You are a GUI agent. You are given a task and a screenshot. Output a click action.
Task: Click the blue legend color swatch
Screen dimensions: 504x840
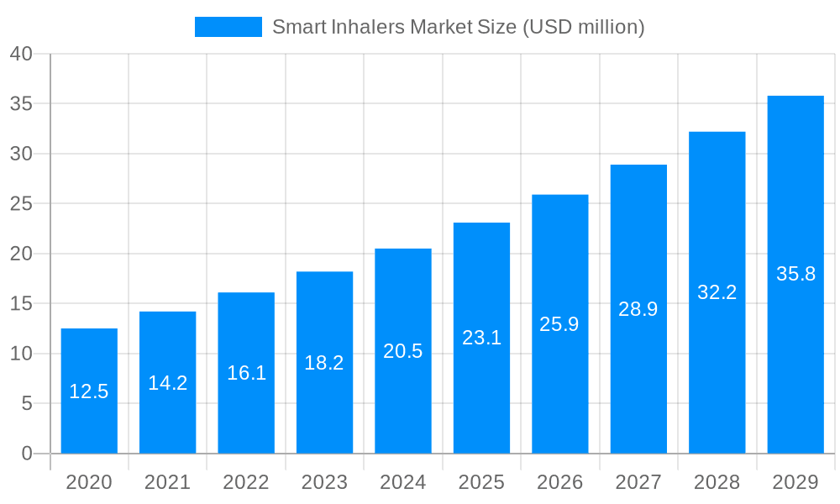click(228, 27)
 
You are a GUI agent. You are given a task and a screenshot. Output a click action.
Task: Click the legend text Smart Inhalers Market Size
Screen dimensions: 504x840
click(458, 27)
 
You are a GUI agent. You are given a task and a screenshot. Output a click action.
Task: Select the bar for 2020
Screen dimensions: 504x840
click(89, 391)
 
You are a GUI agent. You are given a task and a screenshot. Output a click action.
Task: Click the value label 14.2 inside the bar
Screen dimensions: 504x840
click(168, 383)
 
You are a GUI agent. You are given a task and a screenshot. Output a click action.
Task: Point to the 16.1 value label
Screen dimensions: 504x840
click(246, 373)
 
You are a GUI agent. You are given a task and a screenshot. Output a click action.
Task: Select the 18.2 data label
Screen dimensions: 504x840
click(324, 363)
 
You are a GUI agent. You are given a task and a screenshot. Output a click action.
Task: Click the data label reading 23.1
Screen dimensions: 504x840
click(481, 338)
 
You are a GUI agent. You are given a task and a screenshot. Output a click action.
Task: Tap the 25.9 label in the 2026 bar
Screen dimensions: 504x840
click(559, 324)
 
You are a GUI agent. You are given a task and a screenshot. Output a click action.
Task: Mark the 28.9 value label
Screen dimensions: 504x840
click(638, 309)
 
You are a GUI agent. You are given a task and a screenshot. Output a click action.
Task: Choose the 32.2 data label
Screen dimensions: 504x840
click(717, 292)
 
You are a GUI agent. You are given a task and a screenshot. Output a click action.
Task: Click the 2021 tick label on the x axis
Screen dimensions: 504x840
click(168, 482)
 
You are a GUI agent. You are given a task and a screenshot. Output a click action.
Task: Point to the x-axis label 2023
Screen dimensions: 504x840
click(324, 482)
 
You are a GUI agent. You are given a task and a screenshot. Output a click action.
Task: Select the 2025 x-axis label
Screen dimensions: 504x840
click(481, 482)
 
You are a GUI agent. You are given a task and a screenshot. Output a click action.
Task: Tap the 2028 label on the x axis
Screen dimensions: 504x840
click(717, 482)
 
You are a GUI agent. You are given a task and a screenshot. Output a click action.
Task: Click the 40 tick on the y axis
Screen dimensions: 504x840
click(21, 54)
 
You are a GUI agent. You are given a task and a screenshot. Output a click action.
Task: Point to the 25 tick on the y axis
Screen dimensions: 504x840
click(21, 204)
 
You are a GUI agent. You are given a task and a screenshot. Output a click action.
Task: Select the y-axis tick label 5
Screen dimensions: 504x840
click(27, 404)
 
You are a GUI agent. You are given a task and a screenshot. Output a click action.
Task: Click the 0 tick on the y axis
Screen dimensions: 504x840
click(27, 454)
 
